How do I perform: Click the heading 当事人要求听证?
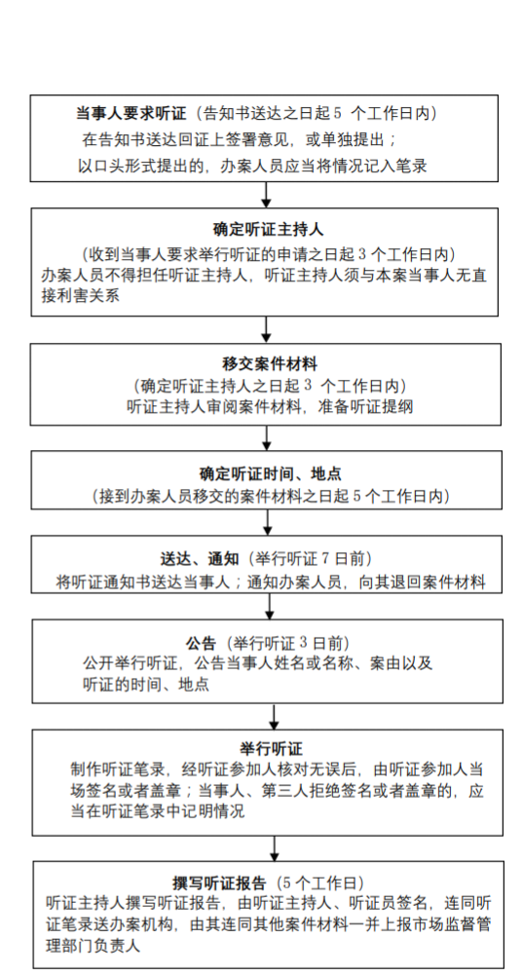tap(131, 113)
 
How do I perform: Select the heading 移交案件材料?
tap(268, 363)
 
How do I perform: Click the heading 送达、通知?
tap(200, 558)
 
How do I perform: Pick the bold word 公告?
tap(201, 643)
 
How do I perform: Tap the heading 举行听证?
tap(271, 748)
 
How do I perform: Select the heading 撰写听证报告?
tap(219, 883)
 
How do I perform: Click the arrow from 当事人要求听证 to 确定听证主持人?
tap(267, 195)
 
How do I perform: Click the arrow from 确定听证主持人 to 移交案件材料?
tap(267, 330)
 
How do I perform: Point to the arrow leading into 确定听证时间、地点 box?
tap(267, 438)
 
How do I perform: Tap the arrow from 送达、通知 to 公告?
tap(270, 606)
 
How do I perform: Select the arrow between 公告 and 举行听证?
tap(274, 717)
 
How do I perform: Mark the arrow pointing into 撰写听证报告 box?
tap(275, 848)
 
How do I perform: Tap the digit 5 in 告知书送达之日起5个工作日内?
tap(338, 114)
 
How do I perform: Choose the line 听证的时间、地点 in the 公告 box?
tap(146, 685)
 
